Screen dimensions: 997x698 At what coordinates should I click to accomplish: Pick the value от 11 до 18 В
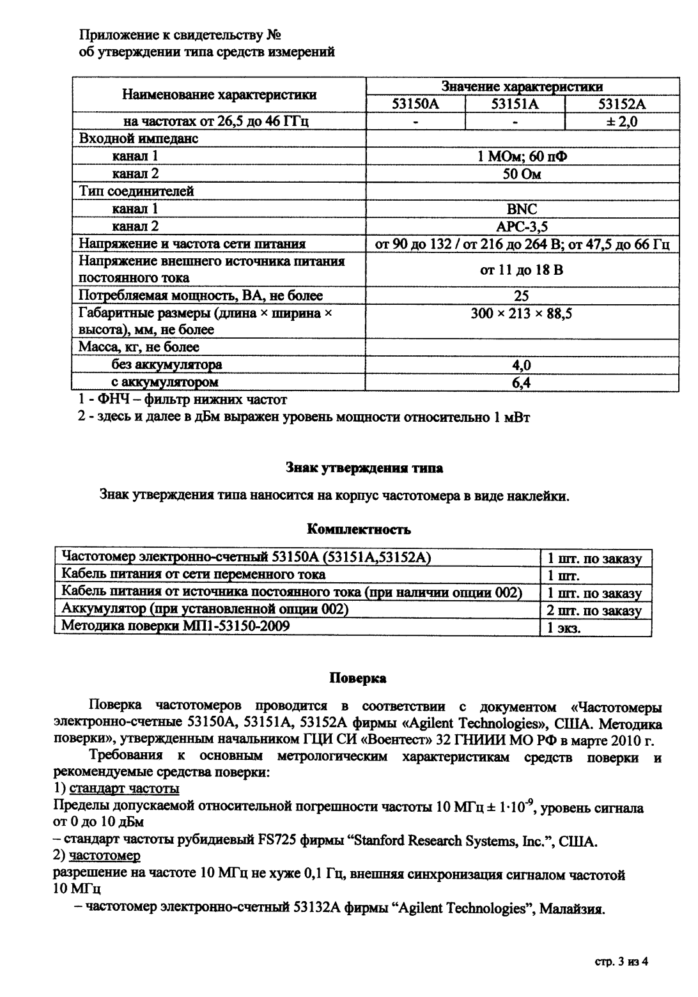[522, 270]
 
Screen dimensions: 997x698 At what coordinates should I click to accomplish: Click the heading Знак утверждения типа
[364, 468]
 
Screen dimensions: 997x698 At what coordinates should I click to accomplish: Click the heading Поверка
[357, 677]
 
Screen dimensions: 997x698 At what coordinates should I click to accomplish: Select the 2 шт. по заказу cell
[594, 610]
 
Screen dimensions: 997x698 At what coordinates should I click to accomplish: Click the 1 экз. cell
[563, 628]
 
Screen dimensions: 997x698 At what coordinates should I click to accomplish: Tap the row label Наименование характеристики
[219, 95]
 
